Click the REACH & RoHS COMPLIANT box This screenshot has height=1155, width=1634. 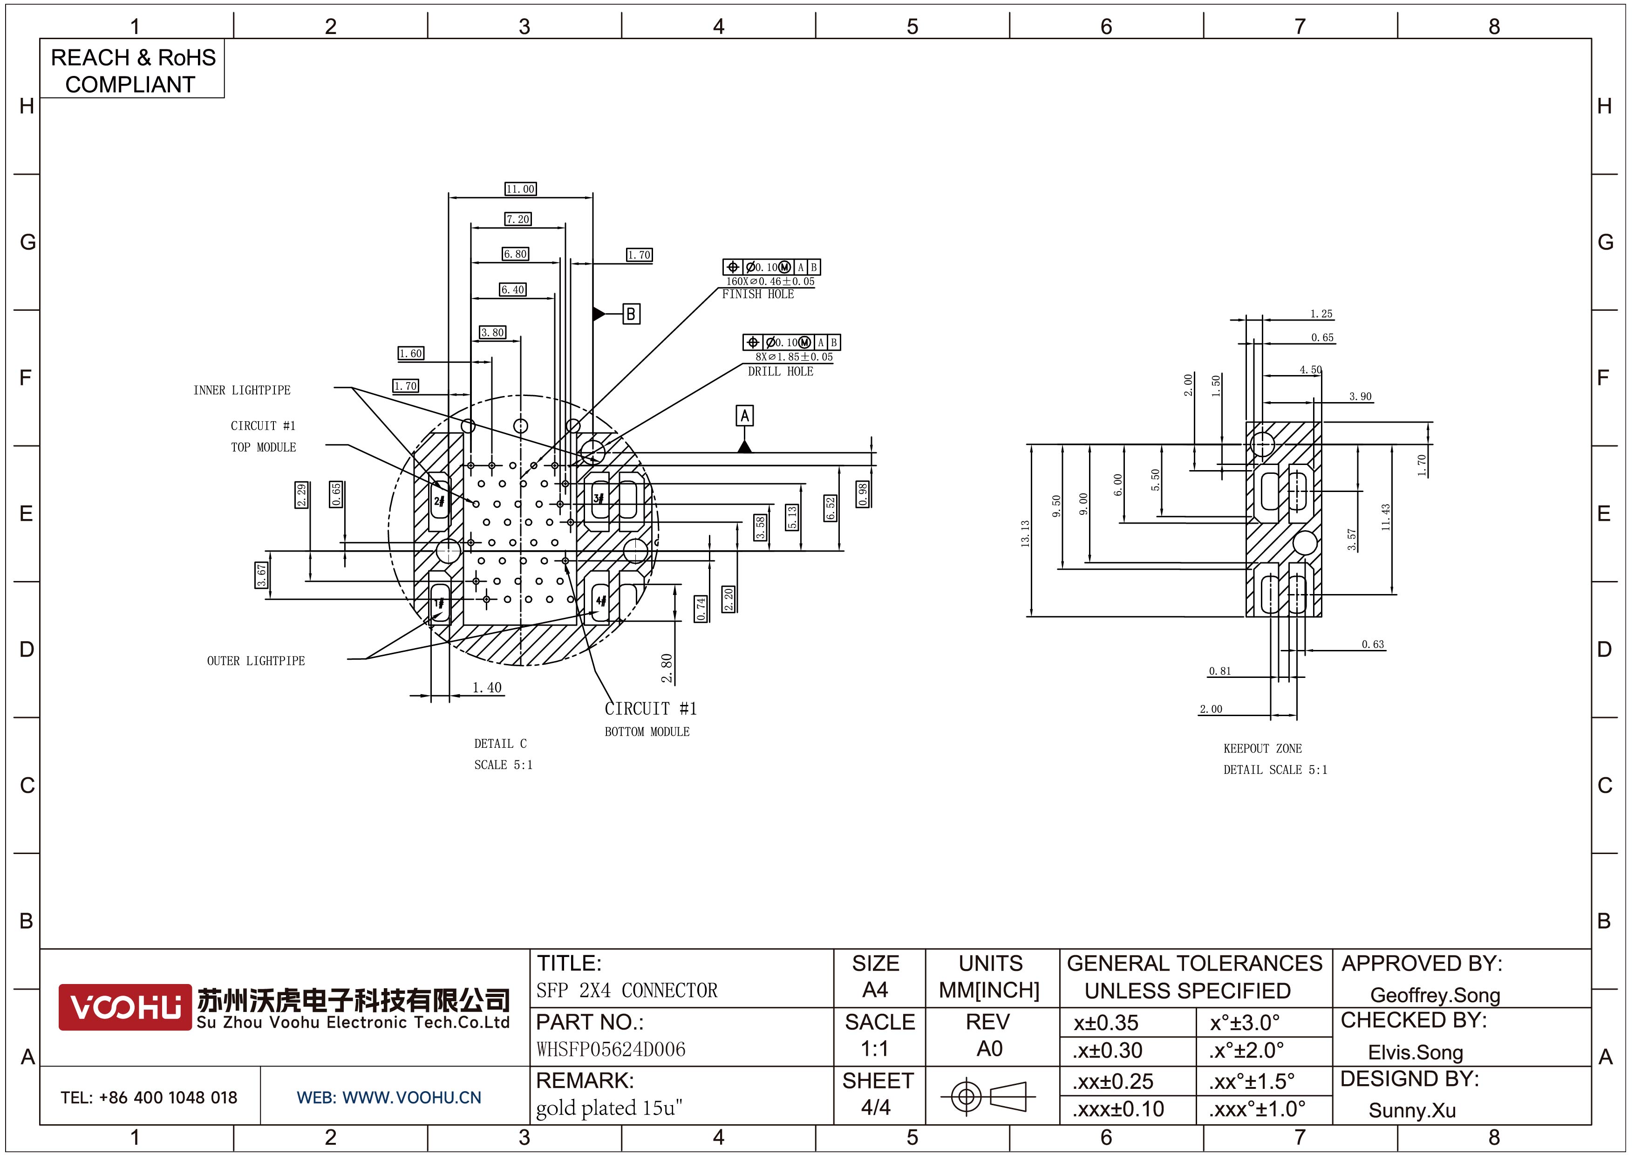[x=132, y=70]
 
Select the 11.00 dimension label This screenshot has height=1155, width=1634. [x=520, y=189]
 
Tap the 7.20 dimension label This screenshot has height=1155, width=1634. [x=518, y=219]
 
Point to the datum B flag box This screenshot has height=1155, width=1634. [x=631, y=314]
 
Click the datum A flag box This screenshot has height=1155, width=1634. [x=744, y=416]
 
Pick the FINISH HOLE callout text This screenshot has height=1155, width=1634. [x=758, y=294]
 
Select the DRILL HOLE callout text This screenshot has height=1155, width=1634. [x=780, y=371]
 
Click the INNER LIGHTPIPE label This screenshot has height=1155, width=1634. [x=242, y=390]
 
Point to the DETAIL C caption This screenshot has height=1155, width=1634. [x=500, y=744]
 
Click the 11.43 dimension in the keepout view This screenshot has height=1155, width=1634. [x=1385, y=517]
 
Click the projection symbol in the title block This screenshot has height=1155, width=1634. [x=988, y=1096]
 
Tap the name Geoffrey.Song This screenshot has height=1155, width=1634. [x=1435, y=995]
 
